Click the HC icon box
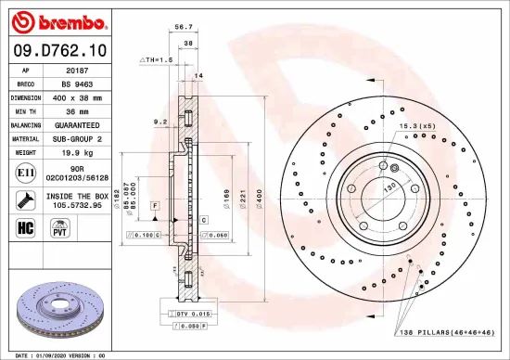[x=24, y=226]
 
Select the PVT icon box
[x=58, y=226]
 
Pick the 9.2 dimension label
[x=159, y=121]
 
